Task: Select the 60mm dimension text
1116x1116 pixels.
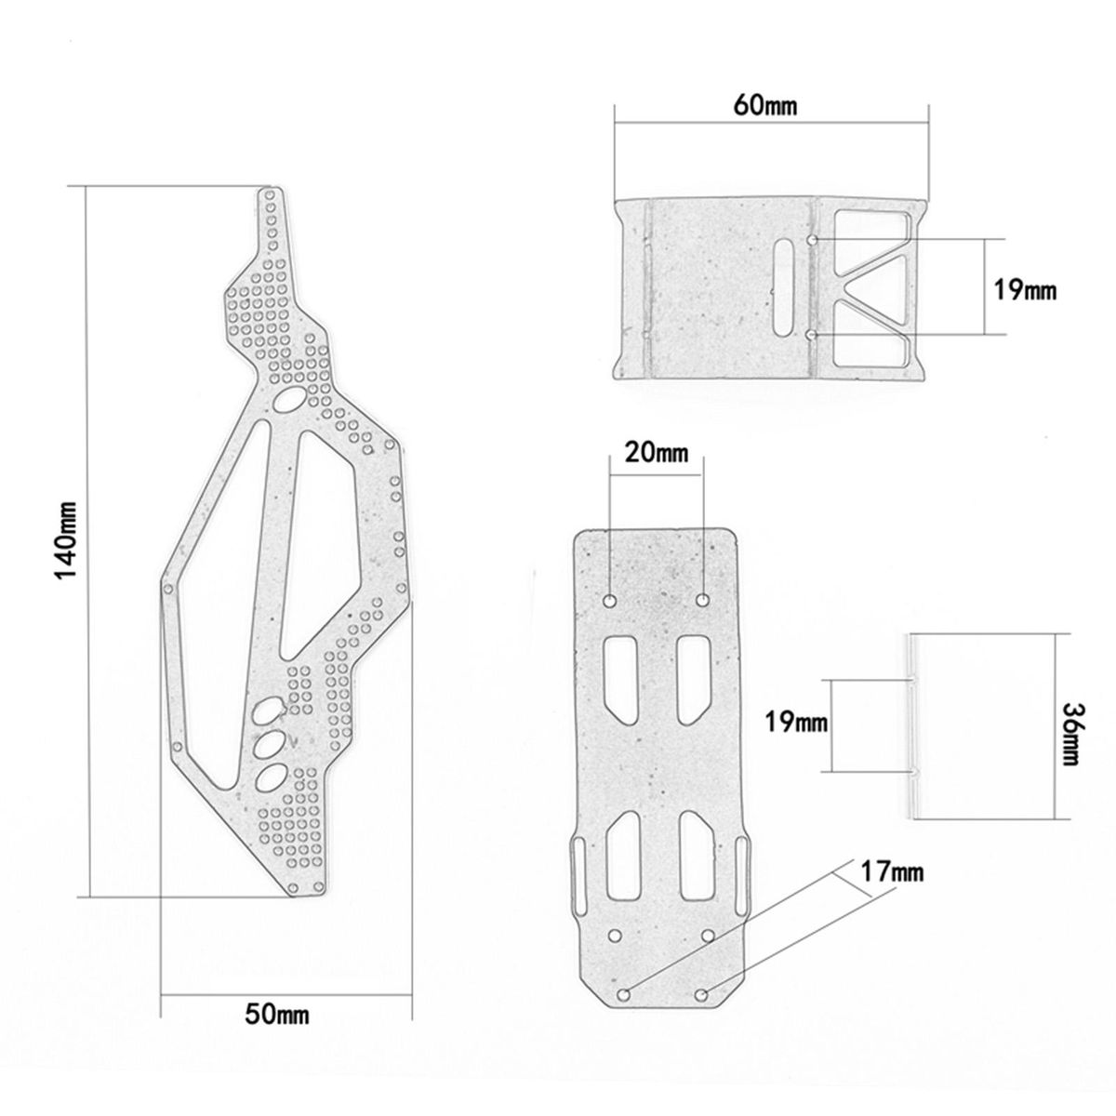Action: [x=765, y=105]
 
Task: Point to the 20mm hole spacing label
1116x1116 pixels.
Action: [x=657, y=452]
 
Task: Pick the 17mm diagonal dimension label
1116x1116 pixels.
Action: [x=893, y=887]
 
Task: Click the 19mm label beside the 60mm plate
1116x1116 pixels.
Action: [x=1025, y=289]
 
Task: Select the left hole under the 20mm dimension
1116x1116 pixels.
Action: [x=610, y=601]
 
